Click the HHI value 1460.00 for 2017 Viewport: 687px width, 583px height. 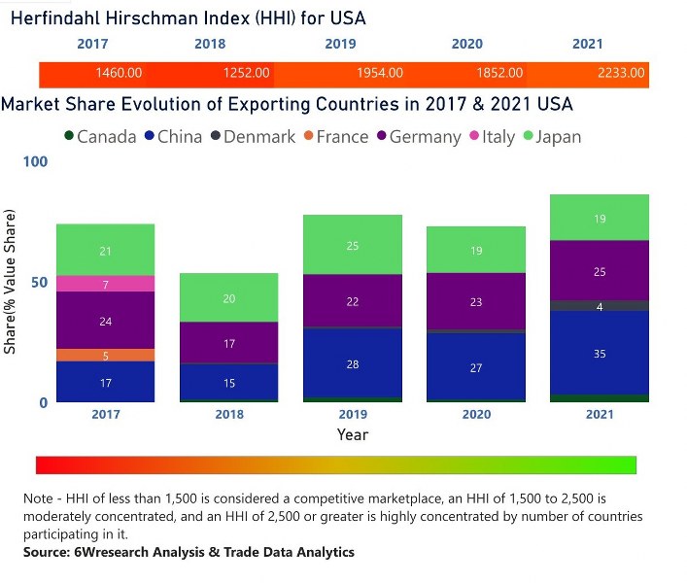tap(120, 74)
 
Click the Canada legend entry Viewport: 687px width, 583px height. tap(99, 137)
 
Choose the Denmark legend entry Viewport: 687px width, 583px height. tap(252, 137)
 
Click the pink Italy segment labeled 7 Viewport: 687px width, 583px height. tap(105, 284)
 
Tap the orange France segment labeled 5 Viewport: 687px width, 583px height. tap(105, 356)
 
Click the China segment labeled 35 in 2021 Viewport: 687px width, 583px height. tap(599, 354)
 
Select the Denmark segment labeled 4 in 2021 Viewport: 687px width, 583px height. tap(599, 306)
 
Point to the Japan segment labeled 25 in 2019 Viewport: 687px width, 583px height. tap(353, 246)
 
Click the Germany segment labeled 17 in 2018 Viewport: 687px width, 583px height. tap(228, 343)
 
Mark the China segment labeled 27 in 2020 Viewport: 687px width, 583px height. tap(476, 368)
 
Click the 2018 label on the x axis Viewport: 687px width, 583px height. tap(228, 414)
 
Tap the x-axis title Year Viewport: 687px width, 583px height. tap(353, 434)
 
